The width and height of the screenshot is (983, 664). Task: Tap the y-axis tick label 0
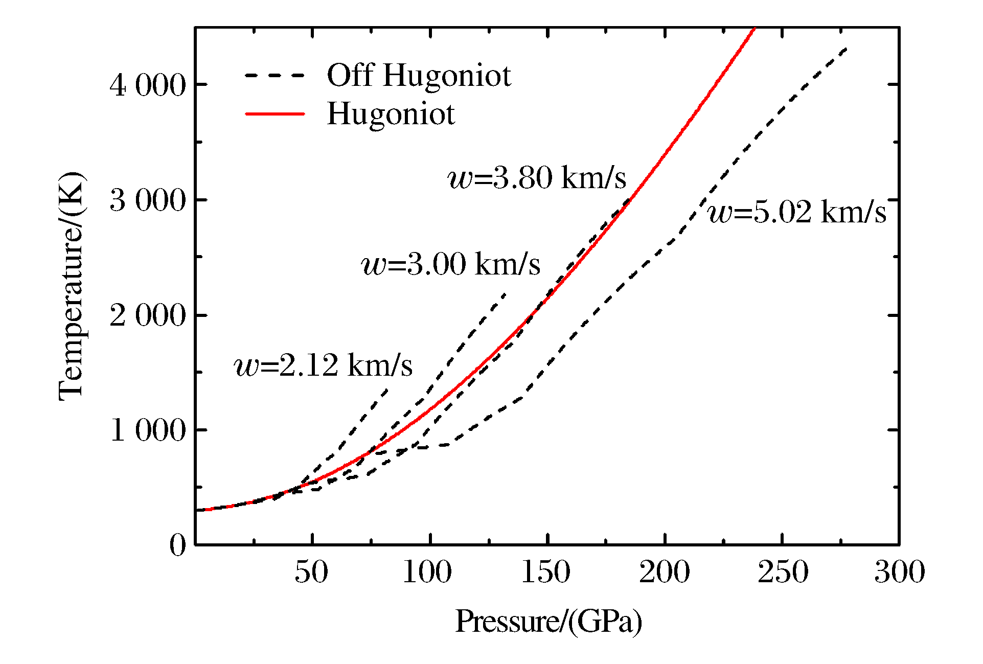click(x=178, y=545)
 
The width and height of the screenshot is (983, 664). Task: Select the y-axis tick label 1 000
click(x=148, y=430)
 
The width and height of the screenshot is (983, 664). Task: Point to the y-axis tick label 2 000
click(x=148, y=315)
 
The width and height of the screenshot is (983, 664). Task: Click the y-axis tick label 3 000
click(x=148, y=200)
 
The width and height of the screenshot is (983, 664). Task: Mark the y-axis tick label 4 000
click(x=148, y=85)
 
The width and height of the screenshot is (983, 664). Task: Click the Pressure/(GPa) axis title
click(x=548, y=622)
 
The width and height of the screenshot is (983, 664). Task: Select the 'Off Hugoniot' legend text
click(x=419, y=76)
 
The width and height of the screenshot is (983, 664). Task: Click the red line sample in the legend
click(x=275, y=113)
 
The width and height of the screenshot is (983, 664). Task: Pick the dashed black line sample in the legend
click(x=275, y=76)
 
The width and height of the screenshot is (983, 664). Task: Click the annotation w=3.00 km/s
click(x=451, y=264)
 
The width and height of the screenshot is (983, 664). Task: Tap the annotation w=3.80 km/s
click(x=537, y=178)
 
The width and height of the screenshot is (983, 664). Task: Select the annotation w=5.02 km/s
click(x=797, y=212)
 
